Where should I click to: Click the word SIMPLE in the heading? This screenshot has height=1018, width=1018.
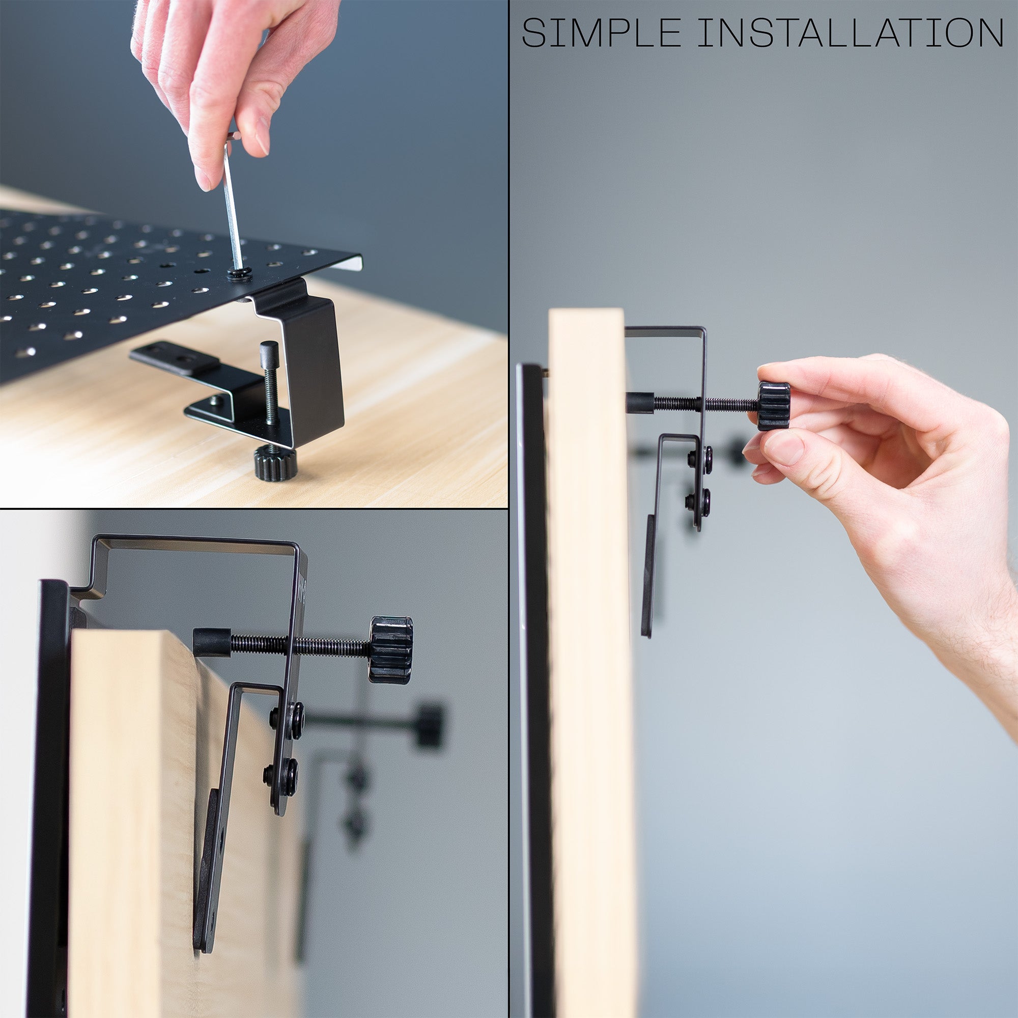[x=601, y=33]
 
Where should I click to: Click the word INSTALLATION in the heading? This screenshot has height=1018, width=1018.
[x=851, y=33]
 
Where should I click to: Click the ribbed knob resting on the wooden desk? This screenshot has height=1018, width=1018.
[x=275, y=462]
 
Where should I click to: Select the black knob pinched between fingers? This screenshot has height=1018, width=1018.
[x=774, y=406]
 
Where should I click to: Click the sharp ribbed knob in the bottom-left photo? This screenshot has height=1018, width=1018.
[x=390, y=649]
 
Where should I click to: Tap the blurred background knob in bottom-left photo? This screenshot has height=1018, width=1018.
[x=429, y=725]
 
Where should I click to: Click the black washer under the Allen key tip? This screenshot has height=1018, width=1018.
[x=239, y=273]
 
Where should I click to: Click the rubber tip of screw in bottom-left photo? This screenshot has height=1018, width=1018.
[x=211, y=642]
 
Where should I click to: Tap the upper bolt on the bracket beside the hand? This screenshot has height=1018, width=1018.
[x=701, y=457]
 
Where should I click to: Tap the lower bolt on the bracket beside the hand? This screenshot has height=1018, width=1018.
[x=698, y=500]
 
